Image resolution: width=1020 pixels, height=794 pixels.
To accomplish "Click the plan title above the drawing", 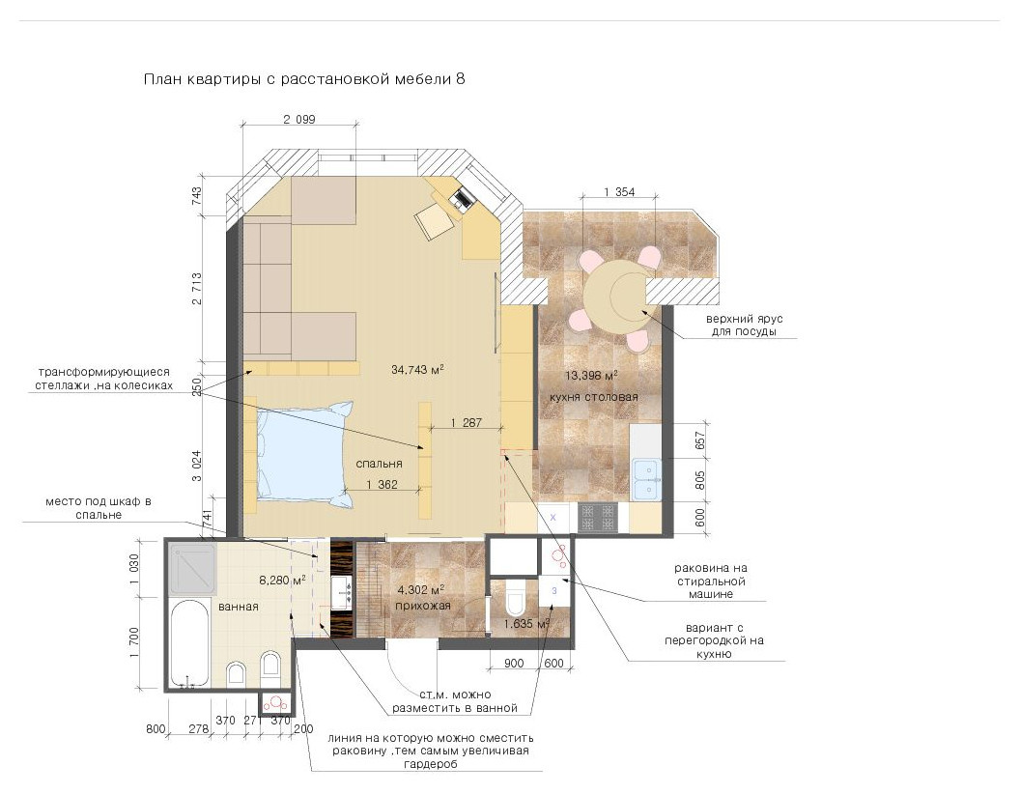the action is click(304, 79).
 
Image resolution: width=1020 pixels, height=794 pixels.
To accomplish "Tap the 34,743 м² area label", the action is click(417, 369).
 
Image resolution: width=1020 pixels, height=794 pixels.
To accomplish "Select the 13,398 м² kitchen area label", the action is click(591, 375).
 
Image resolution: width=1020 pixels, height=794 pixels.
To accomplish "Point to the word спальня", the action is click(379, 464).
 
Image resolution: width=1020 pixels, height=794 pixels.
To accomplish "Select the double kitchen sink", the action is click(646, 480).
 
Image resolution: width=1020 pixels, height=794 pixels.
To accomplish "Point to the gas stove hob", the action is click(597, 519).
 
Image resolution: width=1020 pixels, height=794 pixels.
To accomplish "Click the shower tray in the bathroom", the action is click(192, 568).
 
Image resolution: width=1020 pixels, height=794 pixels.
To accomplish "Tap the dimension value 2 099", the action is click(299, 119).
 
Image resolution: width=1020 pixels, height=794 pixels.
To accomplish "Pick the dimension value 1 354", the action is click(618, 192).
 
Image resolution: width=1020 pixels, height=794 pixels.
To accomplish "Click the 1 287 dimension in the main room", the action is click(467, 423).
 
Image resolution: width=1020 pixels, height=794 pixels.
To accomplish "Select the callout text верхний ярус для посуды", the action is click(744, 326).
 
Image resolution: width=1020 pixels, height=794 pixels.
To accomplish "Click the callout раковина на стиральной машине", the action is click(710, 581).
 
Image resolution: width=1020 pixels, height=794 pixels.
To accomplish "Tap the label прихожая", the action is click(423, 606).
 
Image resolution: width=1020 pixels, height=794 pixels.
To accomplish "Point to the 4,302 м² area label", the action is click(420, 590).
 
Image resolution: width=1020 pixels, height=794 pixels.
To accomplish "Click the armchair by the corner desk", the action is click(436, 220).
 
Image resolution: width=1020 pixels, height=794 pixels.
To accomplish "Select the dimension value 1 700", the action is click(134, 642).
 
